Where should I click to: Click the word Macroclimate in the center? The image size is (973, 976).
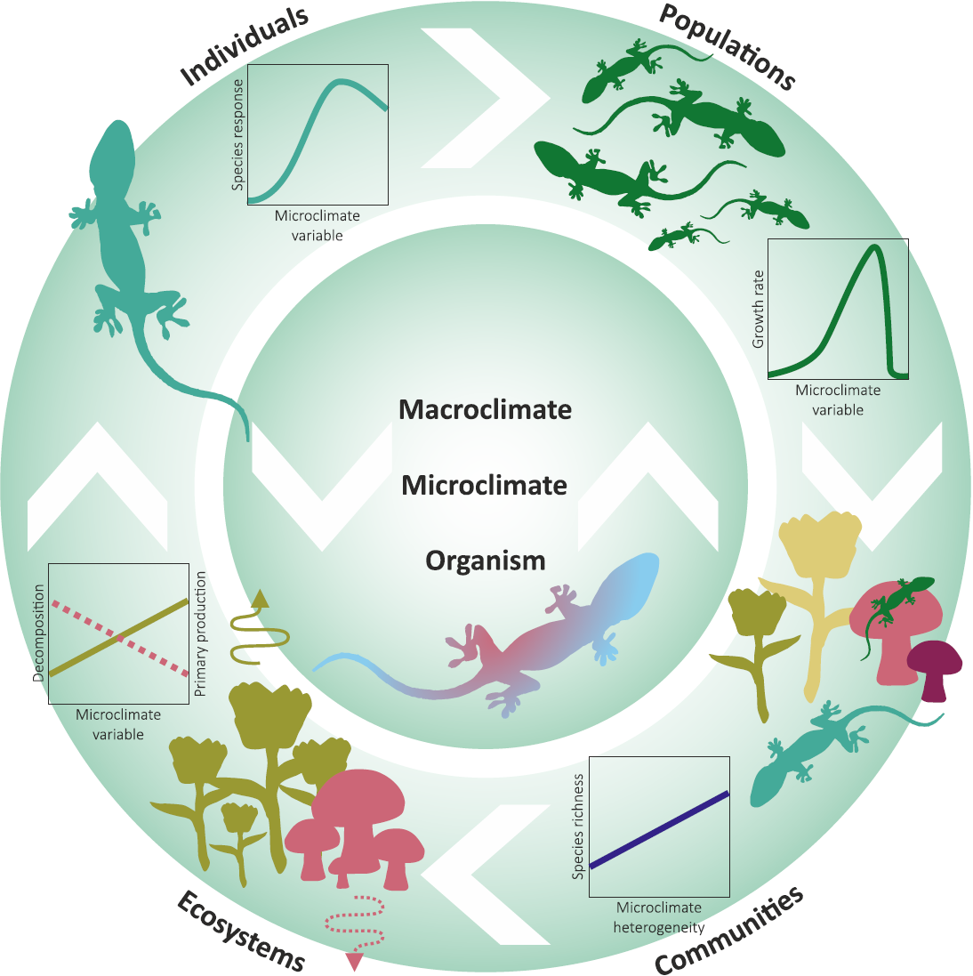tap(486, 409)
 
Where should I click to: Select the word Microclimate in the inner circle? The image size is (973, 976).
tap(484, 486)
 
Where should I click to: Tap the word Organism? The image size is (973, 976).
tap(486, 561)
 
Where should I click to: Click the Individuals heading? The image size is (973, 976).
tap(244, 46)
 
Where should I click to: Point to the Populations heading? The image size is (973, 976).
tap(727, 46)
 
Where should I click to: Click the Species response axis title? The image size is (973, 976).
tap(237, 134)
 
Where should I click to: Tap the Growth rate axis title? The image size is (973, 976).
tap(758, 309)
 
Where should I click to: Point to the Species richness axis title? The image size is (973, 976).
tap(578, 826)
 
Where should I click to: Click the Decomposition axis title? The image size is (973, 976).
tap(38, 633)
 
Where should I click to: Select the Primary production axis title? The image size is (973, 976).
tap(200, 633)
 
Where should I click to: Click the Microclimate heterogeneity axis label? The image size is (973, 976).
tap(659, 917)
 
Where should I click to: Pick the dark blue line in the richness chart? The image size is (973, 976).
tap(659, 830)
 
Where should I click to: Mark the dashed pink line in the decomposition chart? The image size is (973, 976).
tap(118, 639)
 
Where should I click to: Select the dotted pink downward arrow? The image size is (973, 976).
tap(355, 932)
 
